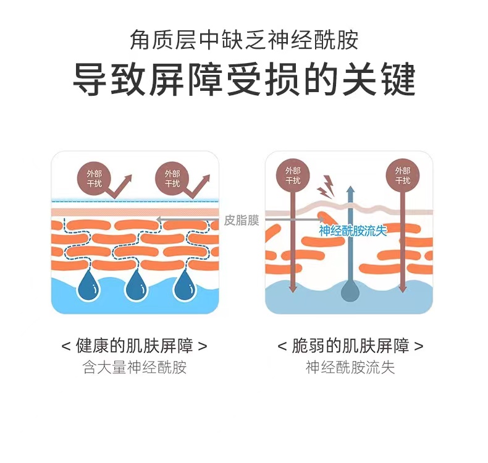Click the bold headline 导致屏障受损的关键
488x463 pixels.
tap(244, 79)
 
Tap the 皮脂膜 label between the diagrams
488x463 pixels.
tap(241, 220)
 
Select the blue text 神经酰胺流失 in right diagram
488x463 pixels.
tap(353, 231)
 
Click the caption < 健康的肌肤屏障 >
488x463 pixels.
tap(134, 346)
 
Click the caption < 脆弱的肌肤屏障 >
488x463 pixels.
tap(350, 346)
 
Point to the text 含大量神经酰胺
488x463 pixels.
tap(134, 368)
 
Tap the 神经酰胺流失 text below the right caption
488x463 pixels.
tap(350, 368)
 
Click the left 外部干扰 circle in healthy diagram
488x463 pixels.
tap(94, 178)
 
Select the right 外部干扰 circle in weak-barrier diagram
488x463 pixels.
tap(402, 175)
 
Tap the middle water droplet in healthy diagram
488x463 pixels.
tap(135, 286)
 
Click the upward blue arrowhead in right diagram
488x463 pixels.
tap(350, 192)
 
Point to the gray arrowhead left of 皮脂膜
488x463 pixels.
tap(159, 219)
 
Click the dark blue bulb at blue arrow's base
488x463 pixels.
tap(350, 292)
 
